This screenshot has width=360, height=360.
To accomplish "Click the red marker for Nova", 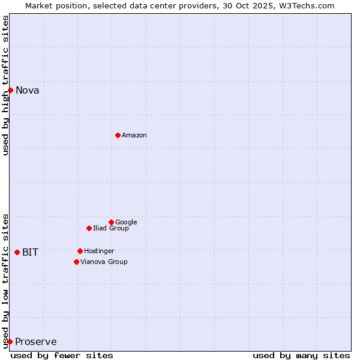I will point(10,90).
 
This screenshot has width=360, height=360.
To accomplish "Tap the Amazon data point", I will point(118,135).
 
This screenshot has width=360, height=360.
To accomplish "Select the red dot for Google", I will point(111,222).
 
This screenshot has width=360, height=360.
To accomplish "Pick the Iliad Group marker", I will point(89,228).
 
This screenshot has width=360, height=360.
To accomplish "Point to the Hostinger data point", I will point(80,251).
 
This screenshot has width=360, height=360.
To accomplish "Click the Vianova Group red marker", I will point(76,262).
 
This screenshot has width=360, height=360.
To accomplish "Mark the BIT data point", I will point(17,252).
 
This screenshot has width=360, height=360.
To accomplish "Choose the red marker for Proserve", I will point(10,341).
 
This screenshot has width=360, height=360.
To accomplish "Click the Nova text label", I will point(28,91).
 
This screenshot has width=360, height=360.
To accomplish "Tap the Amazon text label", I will point(134,136).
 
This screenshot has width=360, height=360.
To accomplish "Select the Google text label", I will point(126,222).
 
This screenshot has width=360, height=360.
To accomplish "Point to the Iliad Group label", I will point(111,228).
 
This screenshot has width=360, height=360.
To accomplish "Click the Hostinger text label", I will point(99,251).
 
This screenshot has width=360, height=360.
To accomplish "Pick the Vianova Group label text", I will point(104,262).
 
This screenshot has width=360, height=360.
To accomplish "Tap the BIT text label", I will point(30,253).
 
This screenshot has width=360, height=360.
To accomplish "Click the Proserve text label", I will point(36,342).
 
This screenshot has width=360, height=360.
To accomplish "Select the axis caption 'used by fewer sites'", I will point(62,355).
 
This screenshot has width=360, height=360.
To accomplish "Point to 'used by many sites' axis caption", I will point(301,355).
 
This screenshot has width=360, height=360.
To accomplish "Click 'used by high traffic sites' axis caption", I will point(6,85).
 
